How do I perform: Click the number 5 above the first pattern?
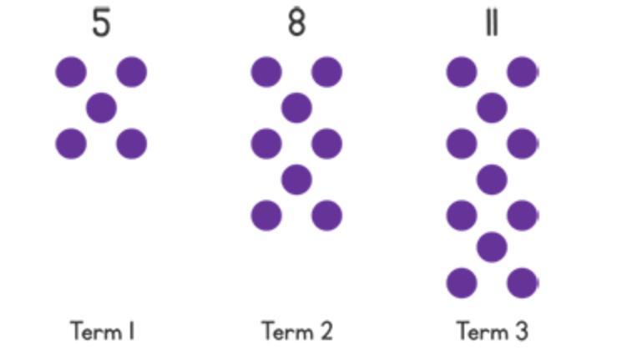(101, 23)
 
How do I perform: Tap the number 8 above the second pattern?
(296, 23)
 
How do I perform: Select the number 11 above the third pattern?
(492, 23)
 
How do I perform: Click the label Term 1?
(103, 332)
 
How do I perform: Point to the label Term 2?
(297, 332)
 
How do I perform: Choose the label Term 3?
(493, 332)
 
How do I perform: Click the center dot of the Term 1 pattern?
(101, 108)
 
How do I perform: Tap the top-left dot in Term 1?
(71, 72)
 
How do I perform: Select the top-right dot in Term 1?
(132, 72)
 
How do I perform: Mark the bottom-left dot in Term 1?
(71, 144)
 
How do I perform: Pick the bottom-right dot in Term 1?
(132, 144)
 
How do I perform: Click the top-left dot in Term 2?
(266, 72)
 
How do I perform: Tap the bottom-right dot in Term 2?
(327, 216)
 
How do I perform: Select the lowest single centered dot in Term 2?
(296, 180)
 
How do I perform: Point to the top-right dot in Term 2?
(327, 72)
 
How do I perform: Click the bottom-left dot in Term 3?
(462, 283)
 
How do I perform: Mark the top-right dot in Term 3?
(523, 72)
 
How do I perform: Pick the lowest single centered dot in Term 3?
(492, 247)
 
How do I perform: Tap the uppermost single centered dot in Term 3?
(492, 108)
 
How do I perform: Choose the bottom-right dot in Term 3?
(523, 283)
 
